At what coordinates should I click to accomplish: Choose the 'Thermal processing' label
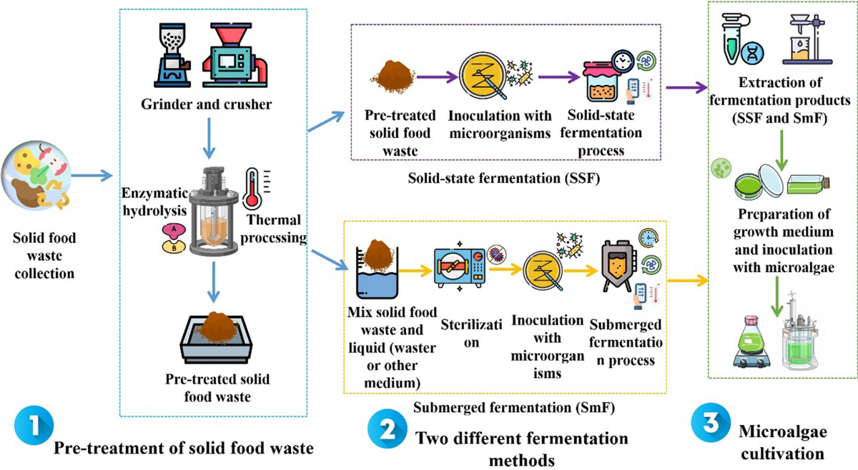276,229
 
